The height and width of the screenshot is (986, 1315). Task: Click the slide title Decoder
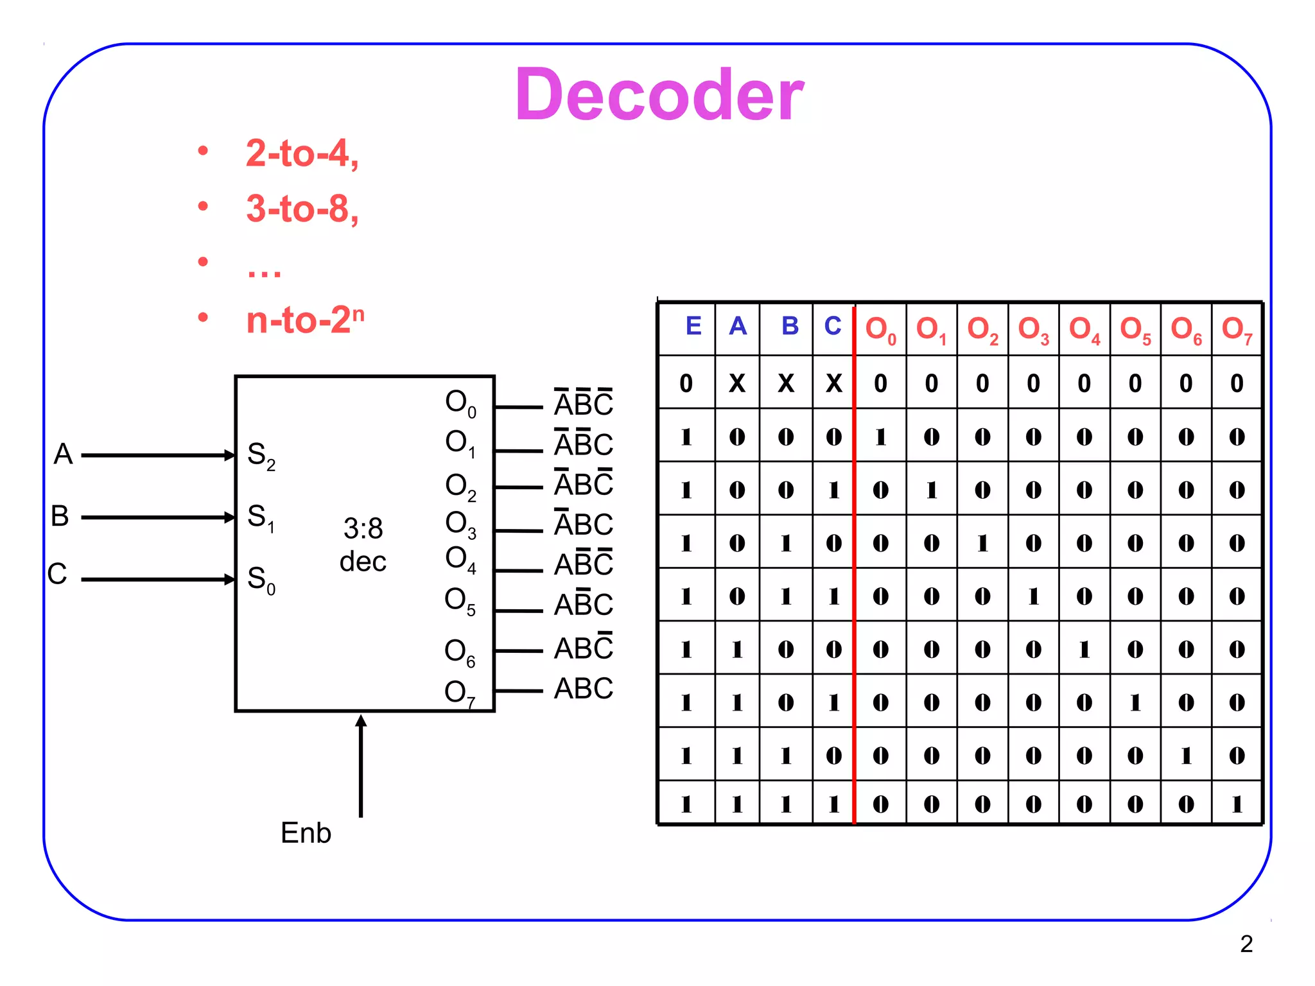point(659,95)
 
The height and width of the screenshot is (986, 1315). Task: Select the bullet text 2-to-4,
point(302,153)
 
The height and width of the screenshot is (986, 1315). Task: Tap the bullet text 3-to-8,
point(302,209)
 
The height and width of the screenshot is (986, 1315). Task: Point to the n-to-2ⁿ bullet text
point(305,319)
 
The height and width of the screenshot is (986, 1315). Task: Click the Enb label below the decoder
point(306,833)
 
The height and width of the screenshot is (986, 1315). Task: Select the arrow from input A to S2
point(157,455)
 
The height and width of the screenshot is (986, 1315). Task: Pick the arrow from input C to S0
point(157,579)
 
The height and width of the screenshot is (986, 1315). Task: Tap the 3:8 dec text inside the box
point(363,545)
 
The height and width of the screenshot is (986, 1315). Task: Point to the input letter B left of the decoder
point(60,516)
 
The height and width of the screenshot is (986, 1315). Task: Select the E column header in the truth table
point(693,326)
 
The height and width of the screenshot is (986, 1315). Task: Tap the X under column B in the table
point(786,383)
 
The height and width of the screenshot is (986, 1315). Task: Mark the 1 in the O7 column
point(1237,804)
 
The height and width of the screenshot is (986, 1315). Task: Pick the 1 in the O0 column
point(880,437)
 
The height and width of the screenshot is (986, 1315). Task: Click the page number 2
point(1246,944)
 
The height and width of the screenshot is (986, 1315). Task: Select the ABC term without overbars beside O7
point(583,689)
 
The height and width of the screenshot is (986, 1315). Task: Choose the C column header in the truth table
point(833,326)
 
